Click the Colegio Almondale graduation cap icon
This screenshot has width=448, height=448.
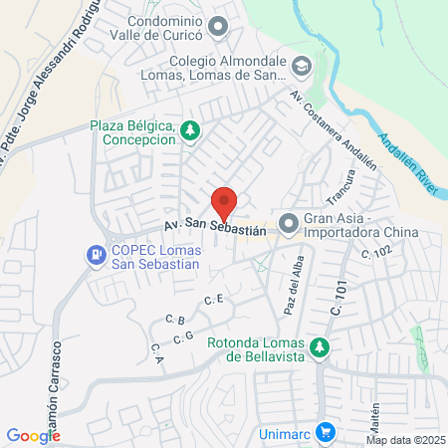click(x=302, y=67)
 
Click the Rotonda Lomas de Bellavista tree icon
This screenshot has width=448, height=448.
click(x=319, y=347)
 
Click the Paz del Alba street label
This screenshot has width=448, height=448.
click(x=292, y=283)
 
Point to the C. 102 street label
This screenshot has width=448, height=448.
click(x=379, y=254)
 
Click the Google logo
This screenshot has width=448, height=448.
click(x=33, y=435)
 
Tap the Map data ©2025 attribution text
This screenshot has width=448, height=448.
click(x=405, y=440)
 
